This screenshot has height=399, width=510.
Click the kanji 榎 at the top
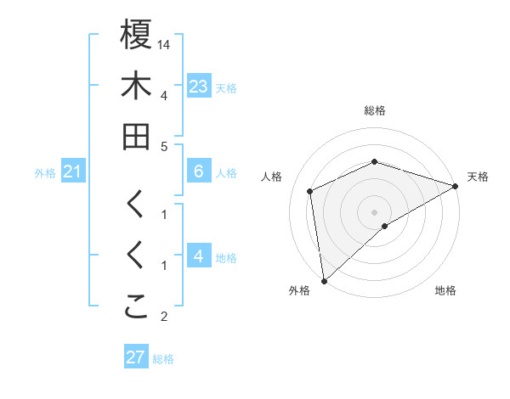[136, 35]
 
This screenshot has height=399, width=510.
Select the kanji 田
[136, 137]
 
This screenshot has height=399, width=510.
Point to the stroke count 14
[165, 43]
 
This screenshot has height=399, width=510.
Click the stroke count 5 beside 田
[164, 146]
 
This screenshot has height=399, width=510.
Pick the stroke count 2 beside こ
[164, 318]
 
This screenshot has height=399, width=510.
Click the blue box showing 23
[199, 86]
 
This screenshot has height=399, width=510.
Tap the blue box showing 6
[199, 171]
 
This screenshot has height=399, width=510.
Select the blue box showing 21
[73, 172]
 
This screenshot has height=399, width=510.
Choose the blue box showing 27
[135, 357]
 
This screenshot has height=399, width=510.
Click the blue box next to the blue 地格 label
[199, 256]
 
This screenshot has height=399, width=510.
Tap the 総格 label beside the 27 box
[164, 359]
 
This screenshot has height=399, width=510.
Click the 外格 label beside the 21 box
[45, 173]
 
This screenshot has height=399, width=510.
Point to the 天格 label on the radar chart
[478, 177]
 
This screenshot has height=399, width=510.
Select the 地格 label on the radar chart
[445, 290]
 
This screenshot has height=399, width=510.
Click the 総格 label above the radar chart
[375, 111]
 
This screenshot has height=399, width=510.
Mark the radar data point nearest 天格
[456, 187]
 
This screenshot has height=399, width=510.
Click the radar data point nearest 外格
[324, 280]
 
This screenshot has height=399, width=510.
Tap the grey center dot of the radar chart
[375, 211]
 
